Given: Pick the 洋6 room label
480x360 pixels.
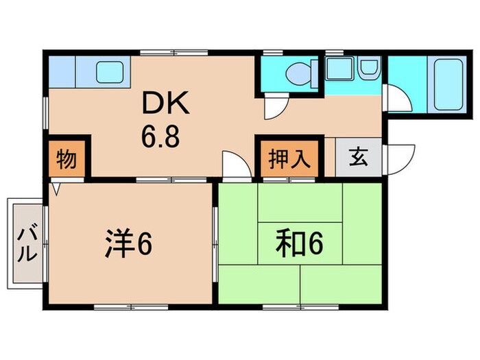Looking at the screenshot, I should (129, 244).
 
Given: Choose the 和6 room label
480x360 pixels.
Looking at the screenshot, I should (300, 242).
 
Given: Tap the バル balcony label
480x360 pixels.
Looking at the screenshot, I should (27, 243).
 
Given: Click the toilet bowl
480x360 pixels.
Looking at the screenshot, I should (299, 71).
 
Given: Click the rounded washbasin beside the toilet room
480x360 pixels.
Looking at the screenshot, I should (368, 68).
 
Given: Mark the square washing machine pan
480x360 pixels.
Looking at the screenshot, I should (337, 69).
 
